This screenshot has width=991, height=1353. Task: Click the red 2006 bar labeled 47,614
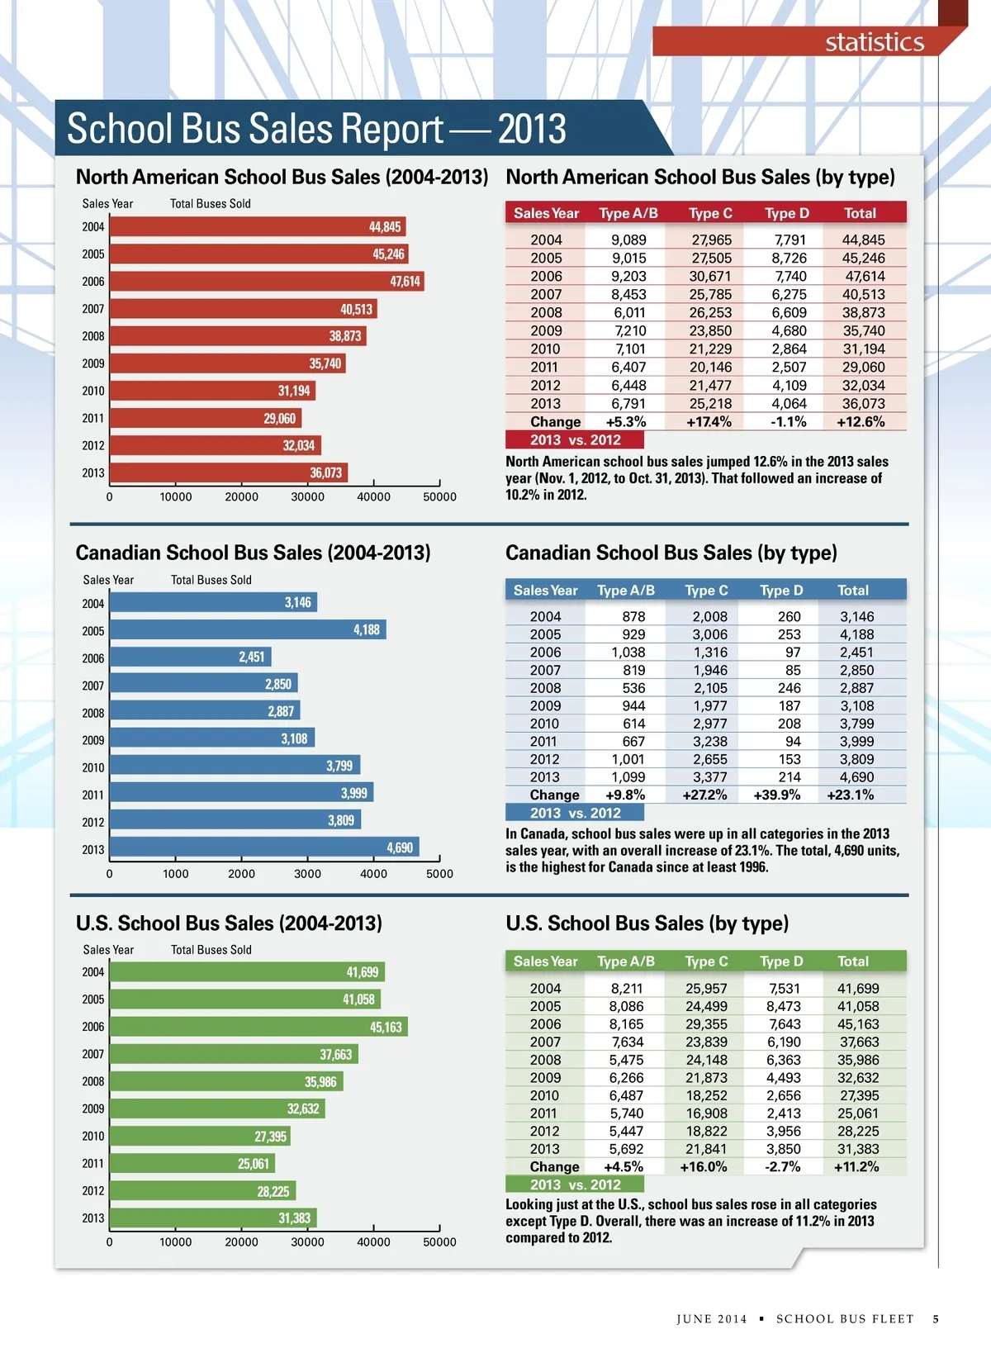[x=266, y=281]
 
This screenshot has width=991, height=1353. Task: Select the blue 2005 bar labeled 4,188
[x=247, y=630]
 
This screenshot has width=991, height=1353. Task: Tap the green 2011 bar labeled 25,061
[x=192, y=1164]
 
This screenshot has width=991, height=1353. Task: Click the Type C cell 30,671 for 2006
[x=710, y=277]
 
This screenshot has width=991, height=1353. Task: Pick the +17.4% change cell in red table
[x=709, y=422]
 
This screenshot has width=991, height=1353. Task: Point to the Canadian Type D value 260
[x=789, y=617]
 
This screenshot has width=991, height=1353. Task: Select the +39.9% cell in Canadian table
[x=776, y=795]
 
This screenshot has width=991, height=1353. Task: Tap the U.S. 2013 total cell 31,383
[x=858, y=1149]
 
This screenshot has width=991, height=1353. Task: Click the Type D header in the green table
[x=781, y=961]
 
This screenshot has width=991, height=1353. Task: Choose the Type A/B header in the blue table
[x=626, y=591]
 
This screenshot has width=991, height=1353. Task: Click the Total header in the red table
[x=860, y=213]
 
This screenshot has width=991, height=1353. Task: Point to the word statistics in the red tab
[x=875, y=42]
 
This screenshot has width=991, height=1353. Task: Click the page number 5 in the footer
[x=936, y=1319]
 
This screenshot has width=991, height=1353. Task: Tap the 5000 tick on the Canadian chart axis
[x=439, y=874]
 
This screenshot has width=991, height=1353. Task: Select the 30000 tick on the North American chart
[x=307, y=497]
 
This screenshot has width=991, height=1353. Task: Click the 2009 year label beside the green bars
[x=93, y=1109]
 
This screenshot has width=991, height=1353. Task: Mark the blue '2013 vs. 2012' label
[x=575, y=814]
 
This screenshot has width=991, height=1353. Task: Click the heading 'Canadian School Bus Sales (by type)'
[x=671, y=553]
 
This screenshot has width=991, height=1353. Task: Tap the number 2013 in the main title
[x=532, y=129]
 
